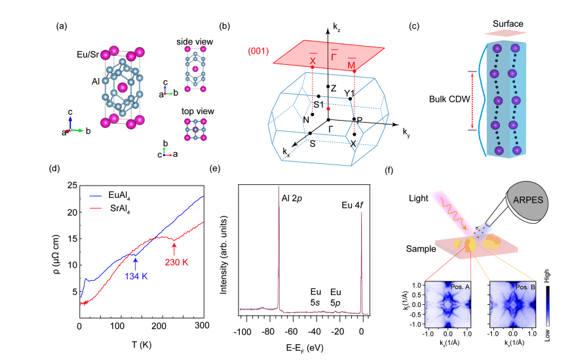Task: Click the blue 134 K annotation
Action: pos(136,277)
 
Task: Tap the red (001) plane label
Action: pos(261,52)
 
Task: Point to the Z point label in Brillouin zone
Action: pos(334,88)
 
